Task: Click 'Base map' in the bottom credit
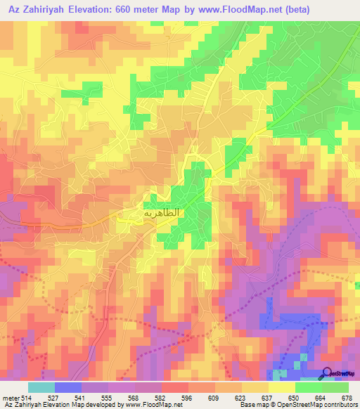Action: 251,404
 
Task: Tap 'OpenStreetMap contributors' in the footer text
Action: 310,404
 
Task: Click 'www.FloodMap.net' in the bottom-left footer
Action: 152,404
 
